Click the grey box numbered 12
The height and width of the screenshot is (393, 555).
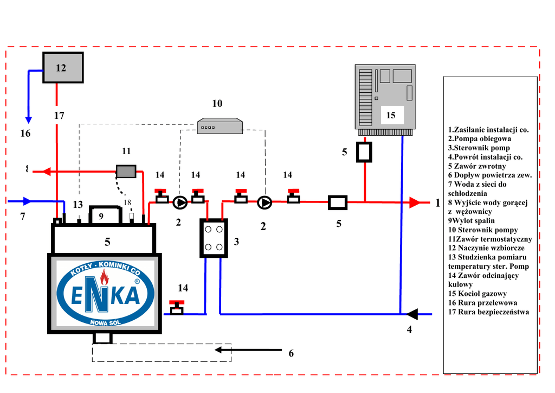tap(63, 67)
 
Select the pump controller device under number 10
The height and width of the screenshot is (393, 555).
tap(220, 126)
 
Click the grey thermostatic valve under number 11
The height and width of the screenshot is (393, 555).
tap(126, 171)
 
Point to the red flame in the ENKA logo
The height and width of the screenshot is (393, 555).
tap(104, 280)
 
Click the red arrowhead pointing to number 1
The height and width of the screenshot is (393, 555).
tap(415, 203)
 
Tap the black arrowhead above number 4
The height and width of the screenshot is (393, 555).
tap(411, 314)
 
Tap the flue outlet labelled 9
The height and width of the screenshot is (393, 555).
tap(104, 215)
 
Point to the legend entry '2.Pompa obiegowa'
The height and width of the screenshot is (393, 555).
tap(480, 139)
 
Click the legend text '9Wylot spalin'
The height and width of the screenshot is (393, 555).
tap(472, 221)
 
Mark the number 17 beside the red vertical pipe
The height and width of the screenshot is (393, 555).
tap(59, 116)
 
